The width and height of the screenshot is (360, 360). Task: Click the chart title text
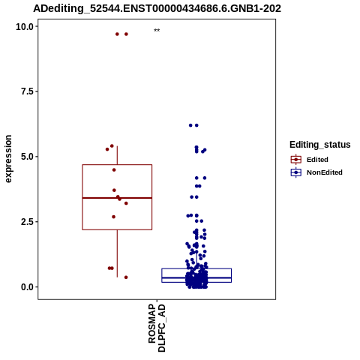coord(157,9)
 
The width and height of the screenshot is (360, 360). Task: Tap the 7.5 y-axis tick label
coord(27,91)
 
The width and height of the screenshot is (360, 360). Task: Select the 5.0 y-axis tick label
coord(27,157)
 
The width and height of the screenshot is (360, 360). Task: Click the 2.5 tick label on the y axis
coord(27,222)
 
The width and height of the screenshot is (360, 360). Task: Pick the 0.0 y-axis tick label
coord(27,287)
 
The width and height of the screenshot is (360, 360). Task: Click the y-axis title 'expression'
coord(8,159)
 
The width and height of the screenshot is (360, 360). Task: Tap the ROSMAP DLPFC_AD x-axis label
coord(157,328)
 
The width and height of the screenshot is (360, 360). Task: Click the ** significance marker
coord(157,31)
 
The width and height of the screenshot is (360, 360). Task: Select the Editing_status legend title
coord(320,145)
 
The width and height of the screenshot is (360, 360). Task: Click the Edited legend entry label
coord(317,160)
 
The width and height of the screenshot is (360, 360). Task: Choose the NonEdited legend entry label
coord(325,172)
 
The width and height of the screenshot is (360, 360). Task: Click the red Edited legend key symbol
coord(296,160)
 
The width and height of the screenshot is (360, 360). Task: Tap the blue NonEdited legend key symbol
coord(296,172)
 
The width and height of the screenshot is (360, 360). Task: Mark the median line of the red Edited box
coord(117,198)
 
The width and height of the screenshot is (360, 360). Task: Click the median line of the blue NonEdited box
coord(196,277)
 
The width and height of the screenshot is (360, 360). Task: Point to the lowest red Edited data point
coord(126,277)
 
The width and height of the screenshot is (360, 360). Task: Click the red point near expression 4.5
coord(114,170)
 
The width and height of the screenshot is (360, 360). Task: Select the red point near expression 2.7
coord(114,217)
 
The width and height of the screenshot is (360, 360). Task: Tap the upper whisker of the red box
coord(117,155)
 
